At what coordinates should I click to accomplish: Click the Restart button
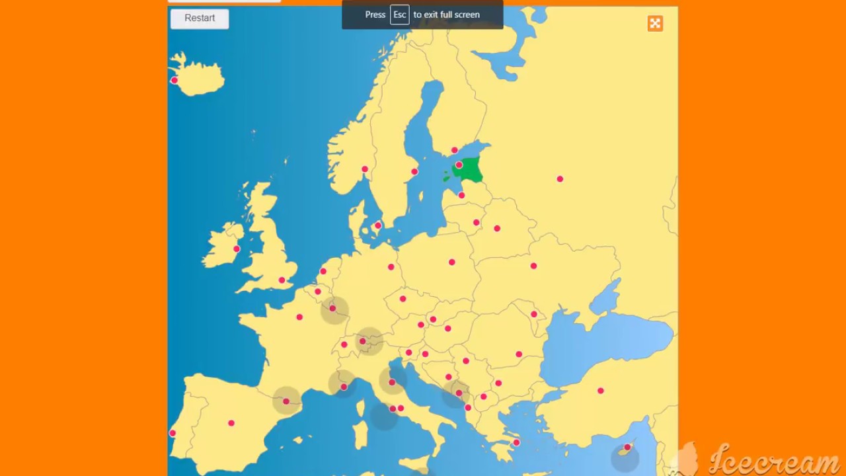point(200,19)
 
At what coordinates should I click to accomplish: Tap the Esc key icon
point(399,15)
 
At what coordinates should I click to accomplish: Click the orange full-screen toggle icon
point(655,24)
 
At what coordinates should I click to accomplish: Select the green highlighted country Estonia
point(471,171)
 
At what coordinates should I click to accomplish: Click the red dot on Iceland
point(174,81)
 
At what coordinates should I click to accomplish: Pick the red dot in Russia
point(560,179)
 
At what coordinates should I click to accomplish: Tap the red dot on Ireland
point(237,249)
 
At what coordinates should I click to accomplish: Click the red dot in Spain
point(231,423)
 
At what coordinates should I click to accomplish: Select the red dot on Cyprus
point(627,448)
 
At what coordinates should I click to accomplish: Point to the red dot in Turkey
point(601,391)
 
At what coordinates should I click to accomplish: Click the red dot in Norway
point(364,169)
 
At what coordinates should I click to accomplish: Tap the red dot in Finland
point(455,150)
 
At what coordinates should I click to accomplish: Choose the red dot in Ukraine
point(533,266)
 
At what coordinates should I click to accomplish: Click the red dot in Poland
point(452,262)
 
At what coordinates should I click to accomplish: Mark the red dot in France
point(299,317)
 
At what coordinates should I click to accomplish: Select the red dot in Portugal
point(173,434)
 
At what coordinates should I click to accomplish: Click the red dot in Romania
point(519,354)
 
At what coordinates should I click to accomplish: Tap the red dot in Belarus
point(497,229)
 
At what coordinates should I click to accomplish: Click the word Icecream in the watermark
point(773,461)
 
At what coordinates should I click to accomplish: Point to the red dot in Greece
point(516,443)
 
